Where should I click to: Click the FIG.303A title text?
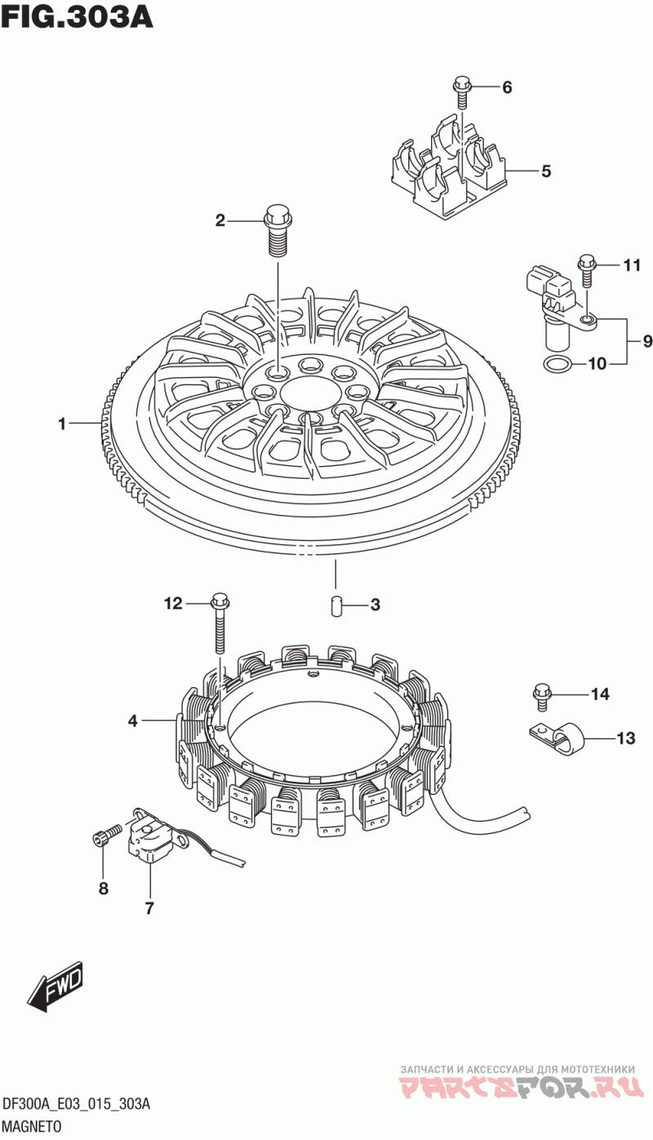pos(77,16)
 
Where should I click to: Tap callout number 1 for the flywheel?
pos(62,424)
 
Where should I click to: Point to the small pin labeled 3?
pos(334,605)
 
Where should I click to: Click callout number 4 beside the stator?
pos(132,721)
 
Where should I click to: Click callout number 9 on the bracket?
pos(647,341)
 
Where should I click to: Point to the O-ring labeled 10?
pos(557,364)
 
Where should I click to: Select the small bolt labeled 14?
pos(540,694)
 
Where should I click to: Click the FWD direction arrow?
pos(56,987)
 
